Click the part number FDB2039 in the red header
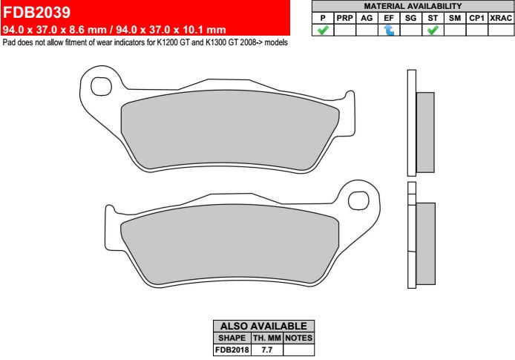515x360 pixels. tap(36, 12)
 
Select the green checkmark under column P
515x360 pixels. tap(323, 30)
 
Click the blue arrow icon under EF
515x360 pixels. tap(389, 30)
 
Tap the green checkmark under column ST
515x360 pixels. tap(433, 30)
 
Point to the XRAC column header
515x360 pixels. tap(501, 18)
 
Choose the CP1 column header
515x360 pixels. tap(476, 18)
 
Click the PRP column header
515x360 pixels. tap(344, 18)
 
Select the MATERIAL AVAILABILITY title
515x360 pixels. tap(413, 6)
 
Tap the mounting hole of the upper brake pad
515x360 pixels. tap(101, 86)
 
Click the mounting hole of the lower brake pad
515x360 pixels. tap(358, 200)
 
